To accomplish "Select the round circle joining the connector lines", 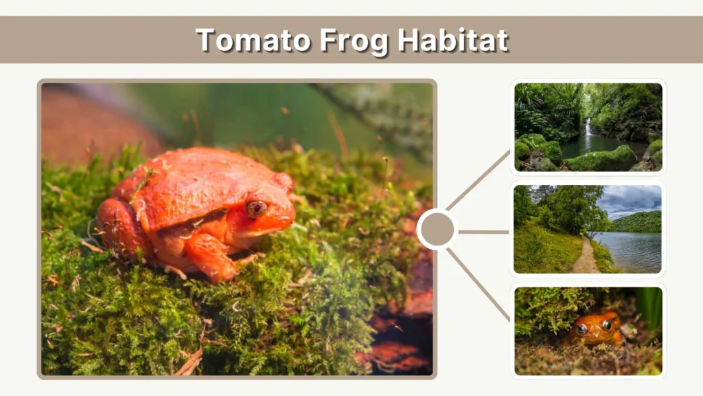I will tap(437, 230).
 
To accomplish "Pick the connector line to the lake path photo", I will tap(483, 232).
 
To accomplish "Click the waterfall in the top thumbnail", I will tap(588, 128).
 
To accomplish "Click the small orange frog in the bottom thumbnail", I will tap(596, 329).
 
